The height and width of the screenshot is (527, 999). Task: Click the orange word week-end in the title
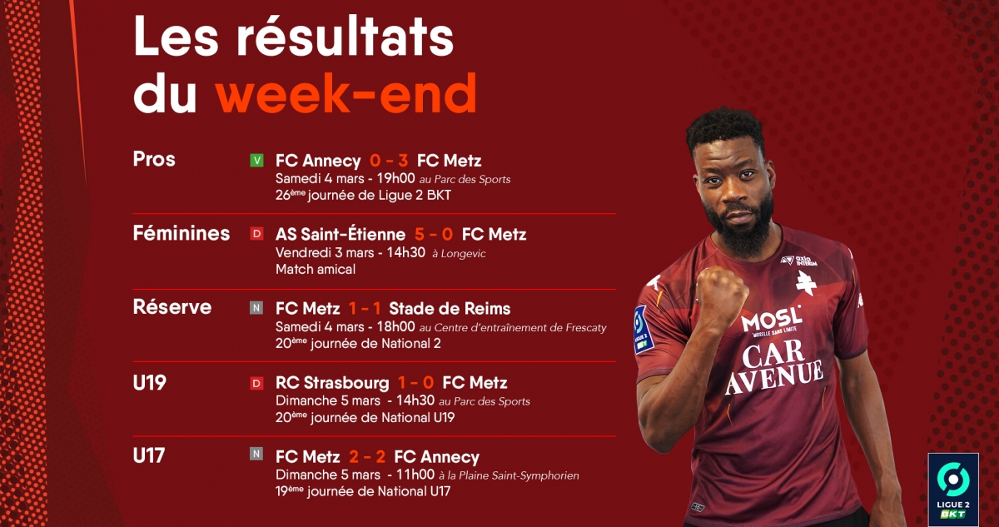tap(346, 93)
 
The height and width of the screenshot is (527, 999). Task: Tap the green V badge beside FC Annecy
tap(256, 160)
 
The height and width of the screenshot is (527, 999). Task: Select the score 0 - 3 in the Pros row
tap(389, 161)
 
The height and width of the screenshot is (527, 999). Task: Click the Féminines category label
tap(181, 233)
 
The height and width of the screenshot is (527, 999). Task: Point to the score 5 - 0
tap(434, 234)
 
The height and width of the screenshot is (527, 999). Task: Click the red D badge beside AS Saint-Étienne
tap(256, 234)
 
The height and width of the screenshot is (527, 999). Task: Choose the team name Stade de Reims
tap(450, 309)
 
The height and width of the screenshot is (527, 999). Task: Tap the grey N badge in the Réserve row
tap(256, 308)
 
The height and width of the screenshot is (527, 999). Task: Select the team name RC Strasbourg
tap(332, 382)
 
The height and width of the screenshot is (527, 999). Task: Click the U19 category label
tap(149, 382)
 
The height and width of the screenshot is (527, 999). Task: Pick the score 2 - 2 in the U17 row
tap(367, 456)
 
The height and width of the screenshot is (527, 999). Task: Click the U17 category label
tap(149, 455)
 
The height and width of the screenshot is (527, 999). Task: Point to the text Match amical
tap(316, 269)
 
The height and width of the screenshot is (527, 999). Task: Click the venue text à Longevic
tap(459, 254)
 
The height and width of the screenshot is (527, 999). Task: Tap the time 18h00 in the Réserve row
tap(396, 327)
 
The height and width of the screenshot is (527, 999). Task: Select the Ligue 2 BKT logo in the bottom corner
tap(953, 490)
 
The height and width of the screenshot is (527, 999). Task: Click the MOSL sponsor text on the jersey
tap(771, 320)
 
